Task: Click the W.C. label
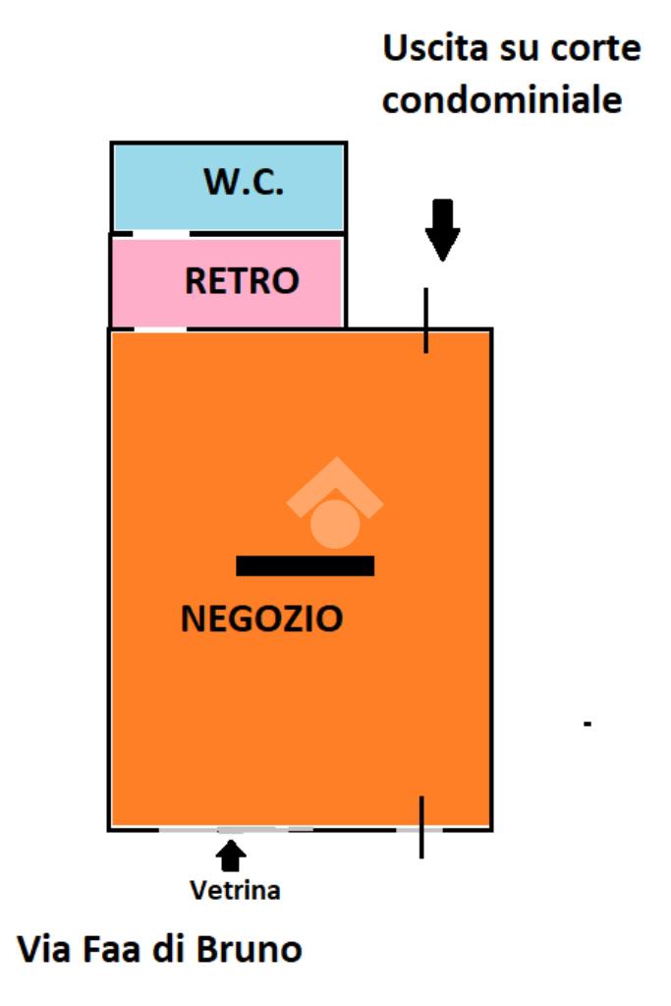click(x=244, y=182)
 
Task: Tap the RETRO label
click(x=242, y=281)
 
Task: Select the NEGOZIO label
click(x=262, y=619)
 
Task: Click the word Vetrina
click(x=235, y=891)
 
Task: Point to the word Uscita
click(x=433, y=48)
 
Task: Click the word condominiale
click(x=502, y=100)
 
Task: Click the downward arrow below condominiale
click(x=442, y=229)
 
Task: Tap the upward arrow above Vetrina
click(x=231, y=857)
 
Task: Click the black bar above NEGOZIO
click(x=306, y=565)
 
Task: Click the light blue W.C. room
click(x=157, y=187)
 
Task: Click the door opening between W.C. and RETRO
click(x=160, y=233)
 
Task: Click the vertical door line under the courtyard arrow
click(x=426, y=320)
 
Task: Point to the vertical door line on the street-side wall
click(x=421, y=826)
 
